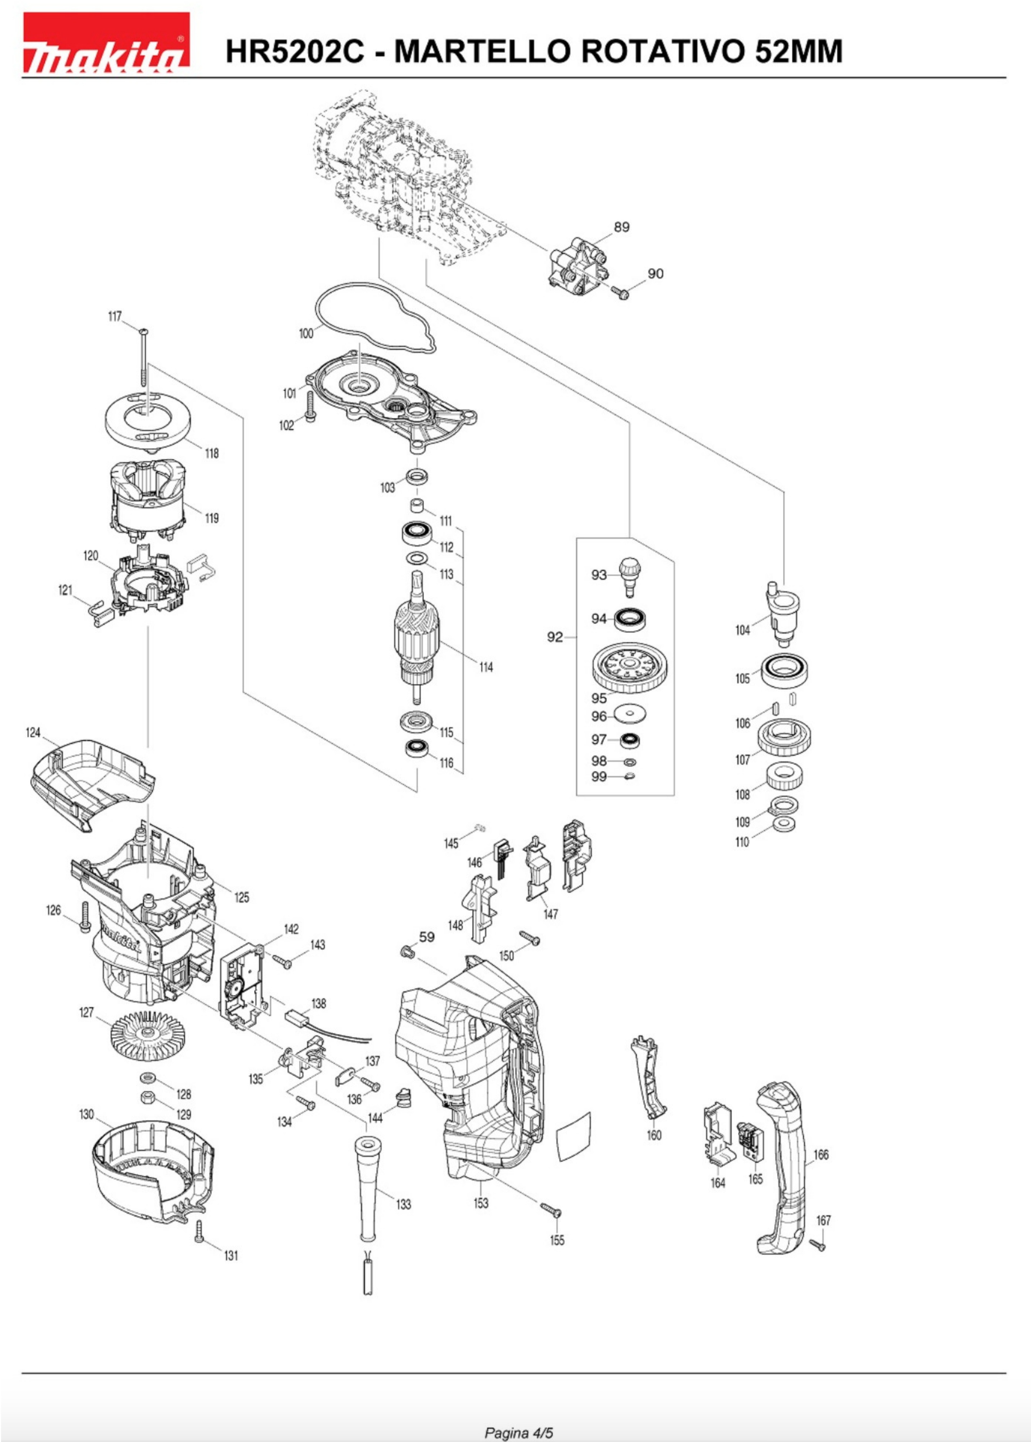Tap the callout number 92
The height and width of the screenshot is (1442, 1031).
pyautogui.click(x=555, y=637)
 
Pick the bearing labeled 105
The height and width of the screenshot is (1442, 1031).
pyautogui.click(x=785, y=670)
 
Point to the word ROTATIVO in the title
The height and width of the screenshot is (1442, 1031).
pyautogui.click(x=660, y=51)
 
